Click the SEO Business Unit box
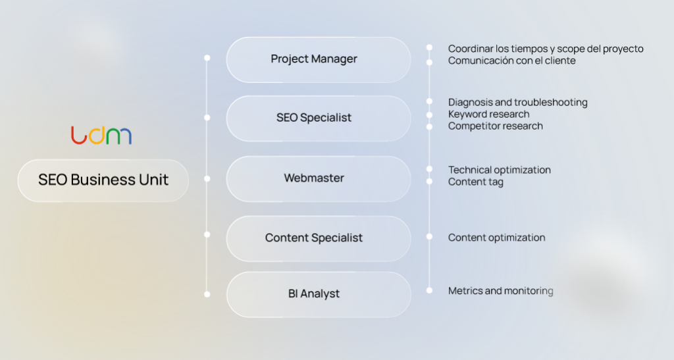[x=103, y=180]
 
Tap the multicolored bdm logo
[x=101, y=135]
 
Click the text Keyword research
[x=488, y=115]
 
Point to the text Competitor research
[x=495, y=126]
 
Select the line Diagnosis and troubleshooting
[x=517, y=103]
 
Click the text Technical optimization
[x=499, y=170]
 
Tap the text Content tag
[x=475, y=182]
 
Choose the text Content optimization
[x=496, y=238]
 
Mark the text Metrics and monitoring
[x=500, y=291]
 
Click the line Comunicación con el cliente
[x=511, y=61]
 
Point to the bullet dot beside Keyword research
[x=429, y=115]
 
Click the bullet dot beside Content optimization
[x=429, y=236]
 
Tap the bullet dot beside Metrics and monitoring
[x=429, y=290]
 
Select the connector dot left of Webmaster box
[x=207, y=178]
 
